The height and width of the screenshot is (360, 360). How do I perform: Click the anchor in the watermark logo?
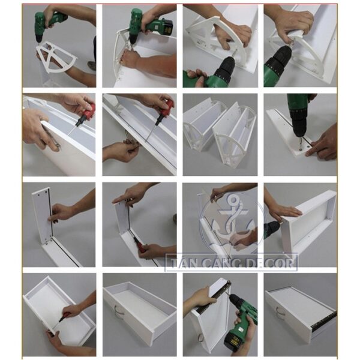pos(232,220)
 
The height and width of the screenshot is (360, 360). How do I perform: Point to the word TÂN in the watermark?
pos(181,262)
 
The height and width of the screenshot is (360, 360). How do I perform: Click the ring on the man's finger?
pos(57,145)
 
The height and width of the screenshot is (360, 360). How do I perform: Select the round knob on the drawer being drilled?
pos(201,338)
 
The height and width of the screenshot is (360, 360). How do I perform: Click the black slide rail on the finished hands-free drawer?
pos(324,320)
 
